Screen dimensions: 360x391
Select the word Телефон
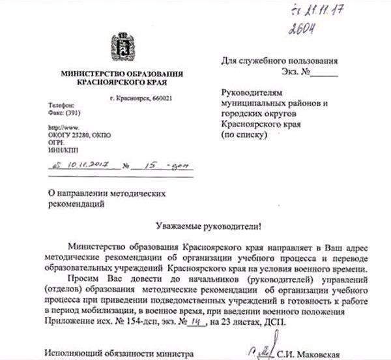pyautogui.click(x=61, y=106)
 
